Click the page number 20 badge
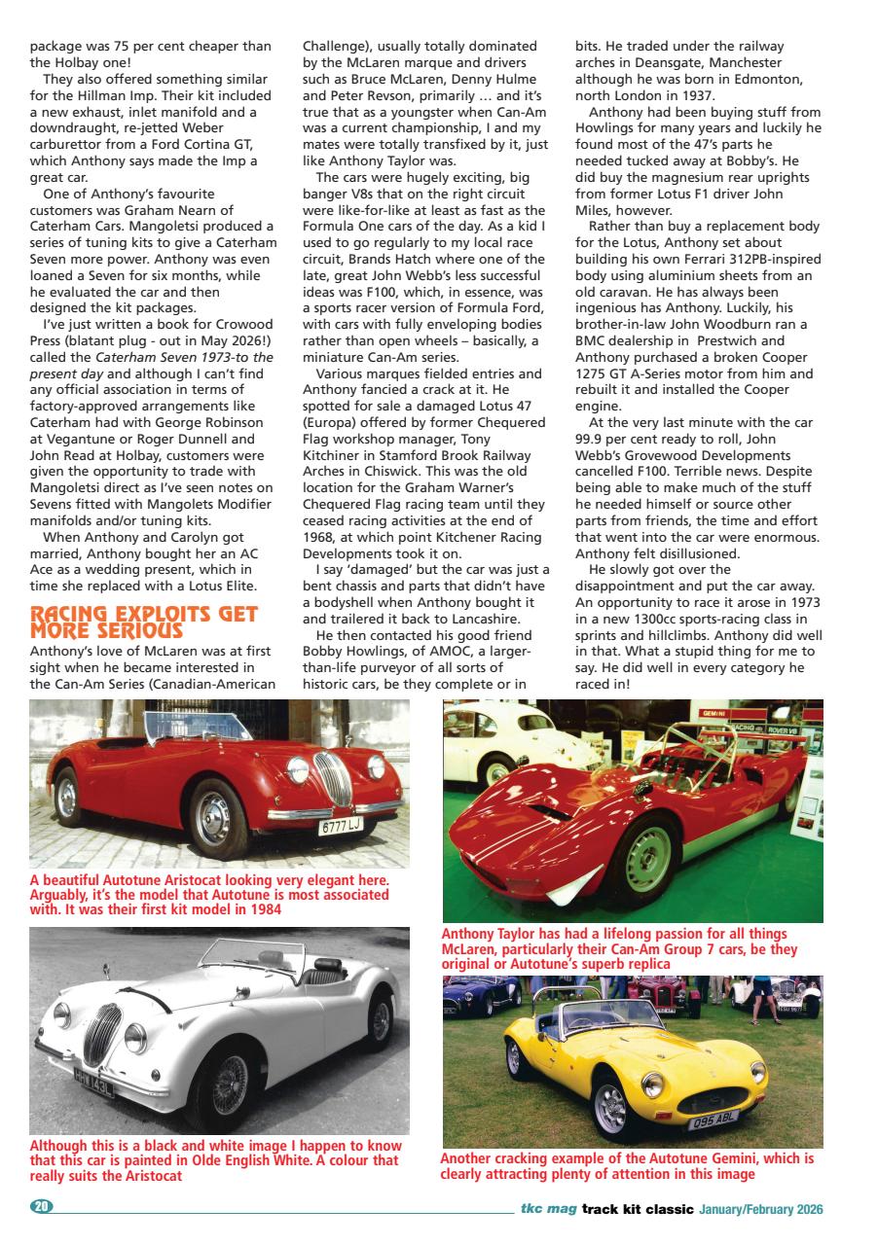tap(41, 1207)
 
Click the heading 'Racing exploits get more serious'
tap(144, 622)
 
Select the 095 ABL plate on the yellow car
tap(714, 1121)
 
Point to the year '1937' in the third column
tap(695, 94)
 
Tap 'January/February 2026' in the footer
tap(760, 1209)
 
